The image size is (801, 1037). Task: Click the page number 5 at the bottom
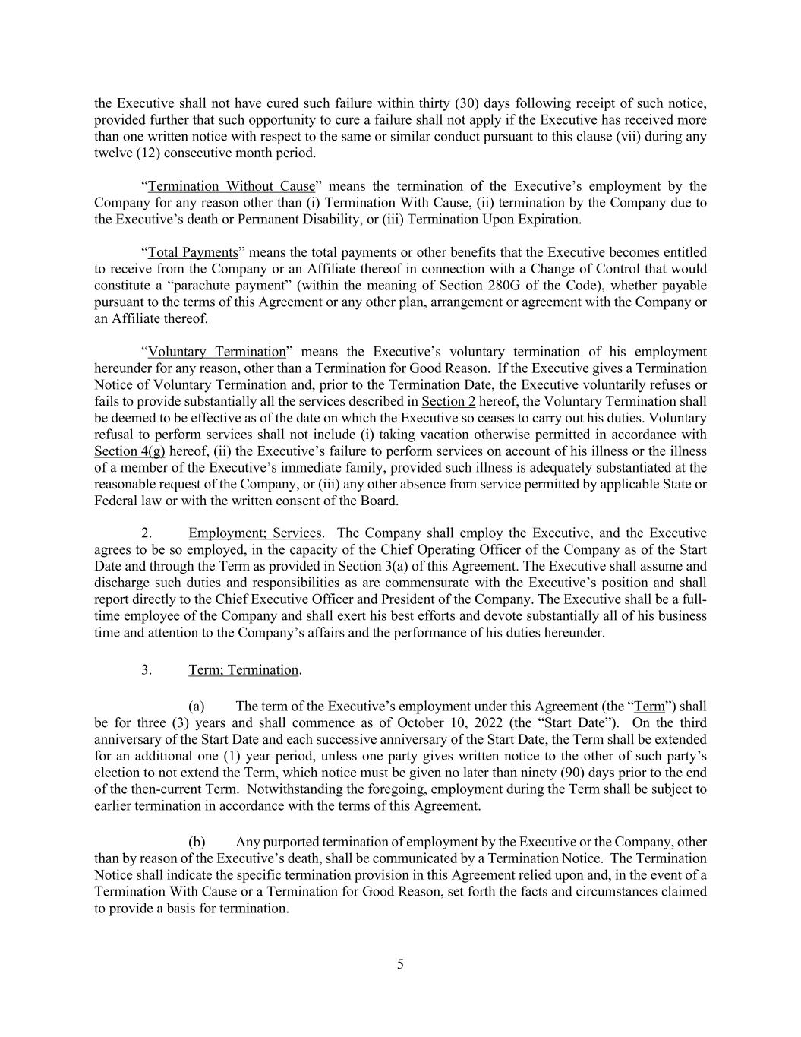point(400,965)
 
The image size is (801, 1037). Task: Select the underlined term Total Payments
point(193,252)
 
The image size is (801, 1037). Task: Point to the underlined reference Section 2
point(448,401)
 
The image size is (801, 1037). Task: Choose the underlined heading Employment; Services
point(255,533)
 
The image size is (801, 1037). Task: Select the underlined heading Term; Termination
point(244,670)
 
